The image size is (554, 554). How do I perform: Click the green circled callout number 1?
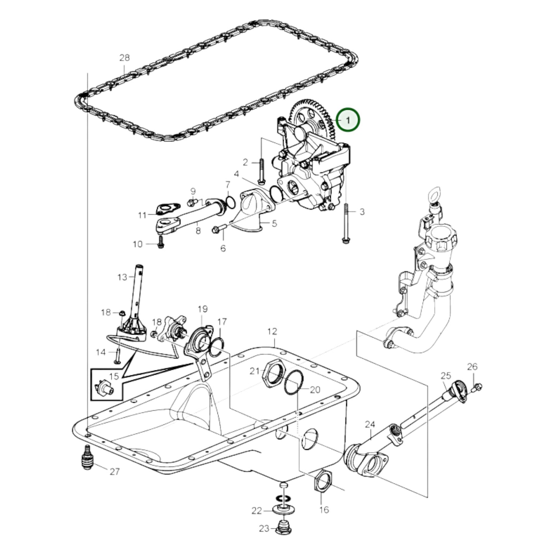[348, 120]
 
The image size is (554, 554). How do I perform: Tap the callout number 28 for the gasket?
[124, 58]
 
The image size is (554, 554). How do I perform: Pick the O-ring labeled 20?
[294, 382]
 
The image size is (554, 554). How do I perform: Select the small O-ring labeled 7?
[230, 202]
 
